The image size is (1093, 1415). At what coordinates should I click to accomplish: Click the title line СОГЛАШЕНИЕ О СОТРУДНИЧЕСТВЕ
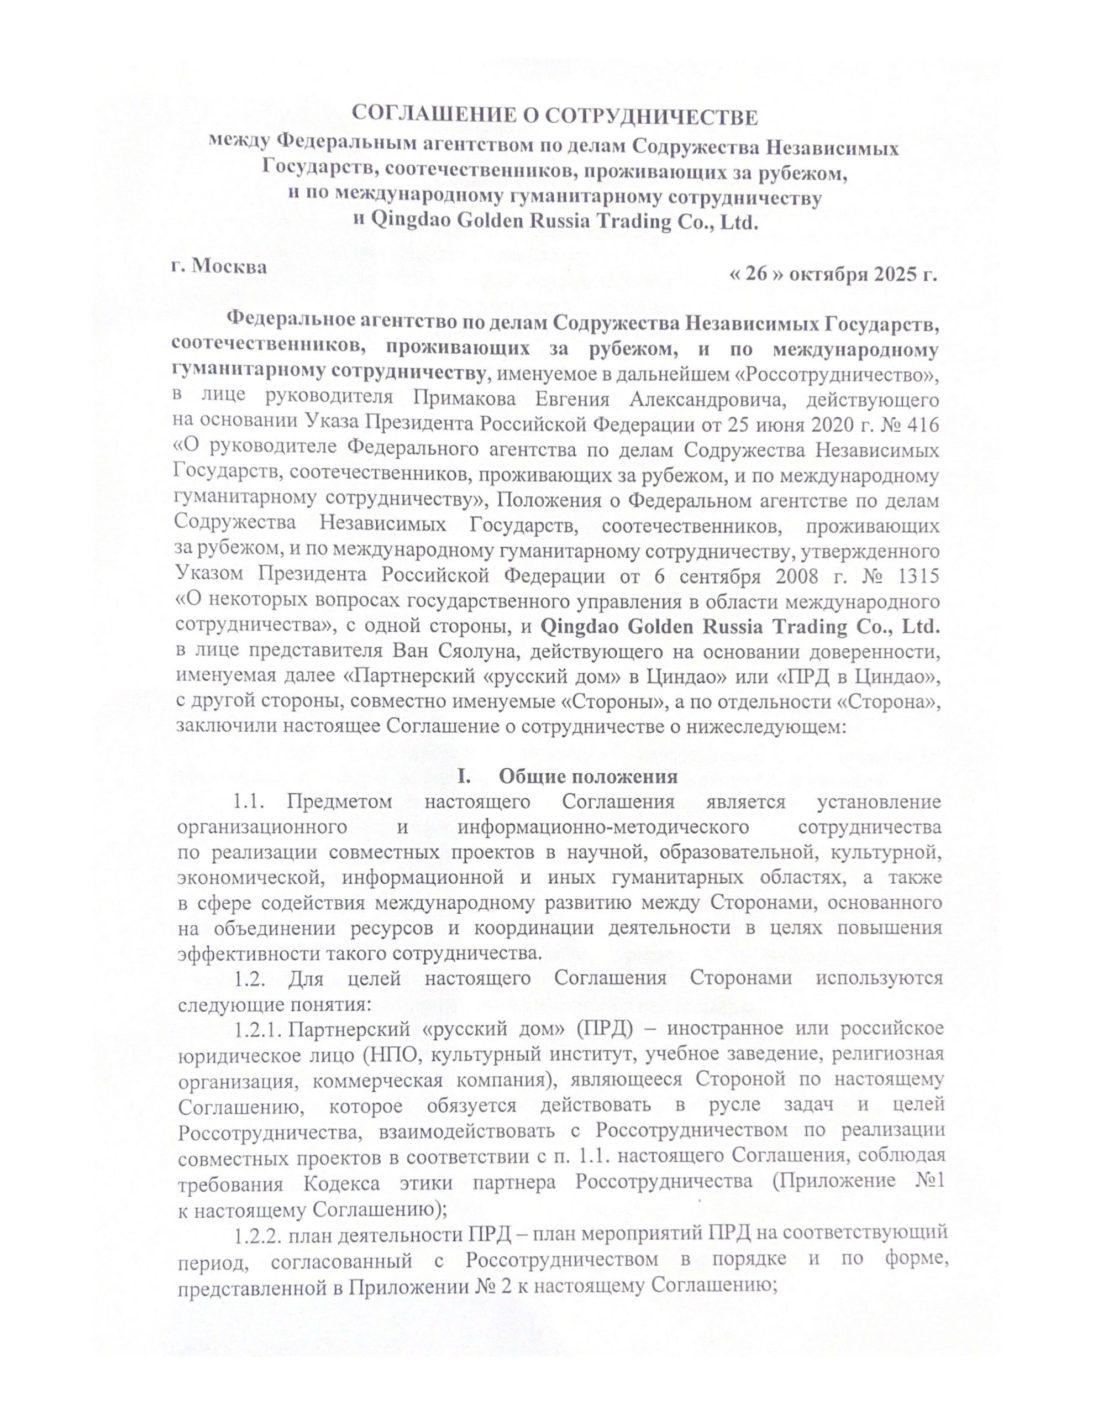tap(554, 117)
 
